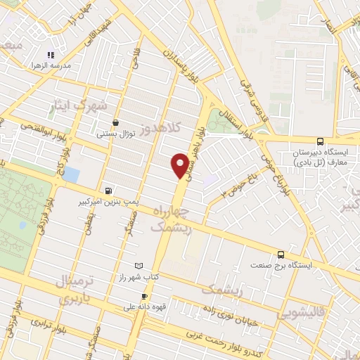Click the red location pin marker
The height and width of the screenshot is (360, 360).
pyautogui.click(x=180, y=165)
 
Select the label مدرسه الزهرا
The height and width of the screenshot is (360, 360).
pyautogui.click(x=46, y=65)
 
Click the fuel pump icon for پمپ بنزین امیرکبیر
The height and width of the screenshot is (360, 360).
pyautogui.click(x=107, y=190)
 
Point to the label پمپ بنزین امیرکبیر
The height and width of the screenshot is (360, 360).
pyautogui.click(x=106, y=201)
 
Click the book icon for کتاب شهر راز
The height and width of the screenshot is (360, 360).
pyautogui.click(x=138, y=266)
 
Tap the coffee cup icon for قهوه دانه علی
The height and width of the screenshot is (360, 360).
pyautogui.click(x=144, y=296)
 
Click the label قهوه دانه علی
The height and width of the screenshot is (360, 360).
pyautogui.click(x=139, y=307)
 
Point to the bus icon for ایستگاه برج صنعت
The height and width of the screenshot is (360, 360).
pyautogui.click(x=281, y=255)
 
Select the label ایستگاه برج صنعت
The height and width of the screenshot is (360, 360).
pyautogui.click(x=281, y=266)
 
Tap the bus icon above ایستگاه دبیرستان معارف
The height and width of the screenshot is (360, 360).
pyautogui.click(x=320, y=141)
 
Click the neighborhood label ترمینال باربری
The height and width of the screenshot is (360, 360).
pyautogui.click(x=83, y=289)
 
